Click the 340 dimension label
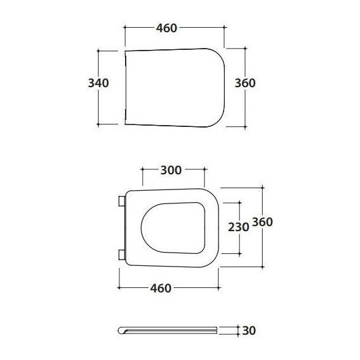[99, 83]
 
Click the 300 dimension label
[171, 170]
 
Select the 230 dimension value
[238, 227]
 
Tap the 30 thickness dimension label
[249, 330]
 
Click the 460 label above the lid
[167, 28]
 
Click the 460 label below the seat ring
[160, 288]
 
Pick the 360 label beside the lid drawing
[245, 83]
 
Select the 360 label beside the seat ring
[263, 222]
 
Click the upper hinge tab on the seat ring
[122, 201]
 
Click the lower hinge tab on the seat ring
[122, 255]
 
